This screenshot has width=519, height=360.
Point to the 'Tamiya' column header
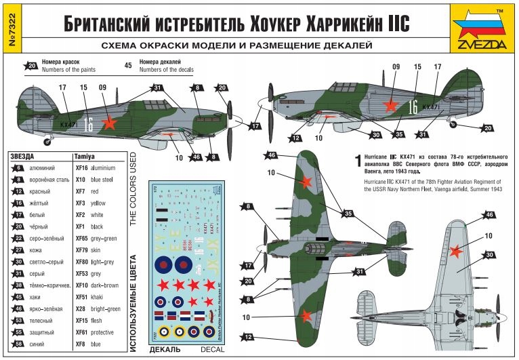point(84,156)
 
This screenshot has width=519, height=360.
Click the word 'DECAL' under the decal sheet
point(207,350)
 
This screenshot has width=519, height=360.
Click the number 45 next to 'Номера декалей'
point(128,66)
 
